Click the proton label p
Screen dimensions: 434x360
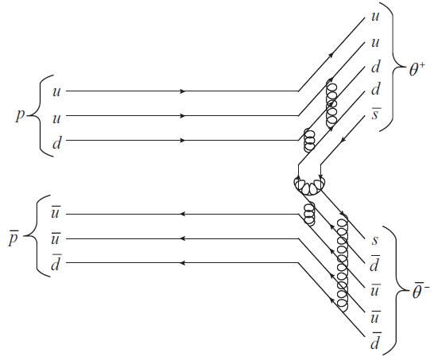(20, 115)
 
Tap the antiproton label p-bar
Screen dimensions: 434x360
(14, 238)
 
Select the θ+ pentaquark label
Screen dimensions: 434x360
(417, 69)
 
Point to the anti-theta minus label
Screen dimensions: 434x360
(420, 292)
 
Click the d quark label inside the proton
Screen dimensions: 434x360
(56, 143)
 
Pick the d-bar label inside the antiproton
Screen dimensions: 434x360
(56, 262)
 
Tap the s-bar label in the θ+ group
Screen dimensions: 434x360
(374, 114)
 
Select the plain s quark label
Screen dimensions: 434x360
(374, 240)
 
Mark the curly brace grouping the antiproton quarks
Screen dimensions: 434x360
(37, 236)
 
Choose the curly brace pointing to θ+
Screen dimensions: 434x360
(393, 67)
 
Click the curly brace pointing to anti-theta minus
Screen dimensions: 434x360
(397, 291)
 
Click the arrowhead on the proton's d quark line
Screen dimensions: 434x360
(182, 141)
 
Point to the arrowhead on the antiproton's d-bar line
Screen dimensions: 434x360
(182, 262)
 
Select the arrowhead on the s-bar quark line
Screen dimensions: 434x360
(343, 141)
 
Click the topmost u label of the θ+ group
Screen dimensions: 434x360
(374, 17)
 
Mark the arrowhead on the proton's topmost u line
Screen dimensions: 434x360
(182, 91)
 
